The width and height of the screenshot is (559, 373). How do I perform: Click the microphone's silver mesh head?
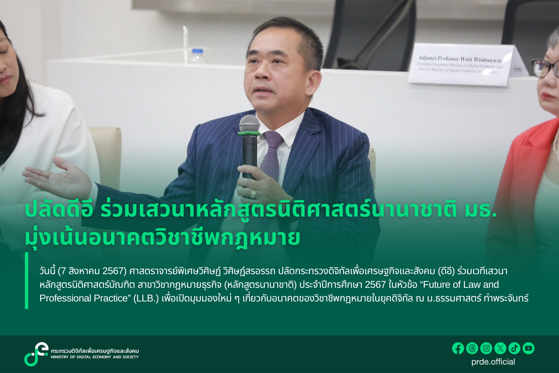point(249,124)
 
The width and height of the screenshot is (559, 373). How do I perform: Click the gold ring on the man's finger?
point(253,194)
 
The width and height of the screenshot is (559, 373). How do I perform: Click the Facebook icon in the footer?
point(458,348)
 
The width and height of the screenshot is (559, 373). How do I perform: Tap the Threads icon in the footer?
point(472,348)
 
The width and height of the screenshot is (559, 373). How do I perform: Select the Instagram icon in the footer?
point(486,348)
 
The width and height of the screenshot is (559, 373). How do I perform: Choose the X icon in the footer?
point(500,348)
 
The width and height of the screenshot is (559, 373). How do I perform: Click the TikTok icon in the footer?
point(514,348)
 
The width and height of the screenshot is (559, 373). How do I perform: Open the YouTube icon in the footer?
point(528,348)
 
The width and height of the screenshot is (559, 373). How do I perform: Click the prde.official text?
point(493,362)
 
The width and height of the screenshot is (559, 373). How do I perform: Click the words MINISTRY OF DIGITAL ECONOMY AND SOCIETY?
point(95,357)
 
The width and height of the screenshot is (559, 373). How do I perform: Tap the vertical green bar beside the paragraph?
point(26,280)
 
